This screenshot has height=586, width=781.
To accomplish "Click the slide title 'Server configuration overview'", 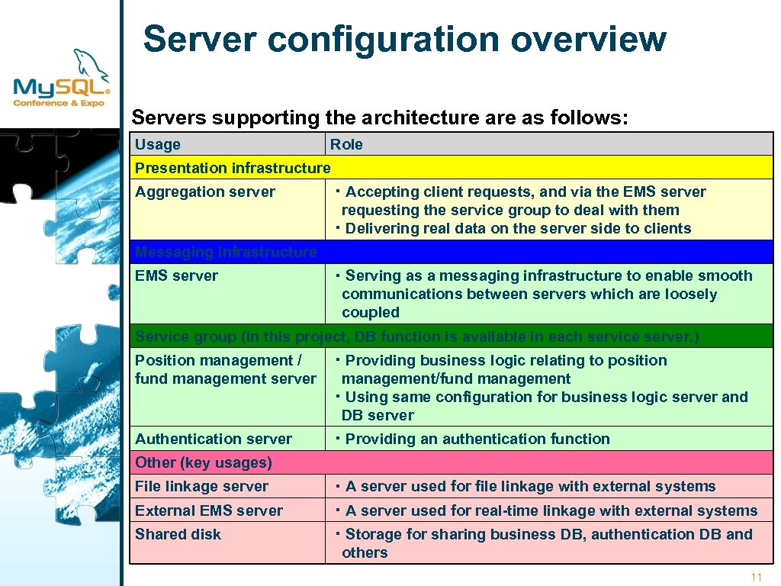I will point(404,39).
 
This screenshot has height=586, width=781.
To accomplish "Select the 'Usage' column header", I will point(158,144).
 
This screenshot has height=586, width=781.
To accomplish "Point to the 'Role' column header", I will point(346,144).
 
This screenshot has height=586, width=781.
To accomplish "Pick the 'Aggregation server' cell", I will point(205,192).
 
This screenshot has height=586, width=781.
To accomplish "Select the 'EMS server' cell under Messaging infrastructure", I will point(176,276).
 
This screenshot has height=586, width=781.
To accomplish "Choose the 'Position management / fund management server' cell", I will point(225,369).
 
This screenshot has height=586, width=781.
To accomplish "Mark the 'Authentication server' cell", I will point(214,439).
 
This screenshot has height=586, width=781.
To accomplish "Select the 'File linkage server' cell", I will point(201,486).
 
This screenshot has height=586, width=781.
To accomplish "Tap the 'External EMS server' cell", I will point(209,510).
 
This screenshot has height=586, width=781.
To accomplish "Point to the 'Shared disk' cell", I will point(178,534).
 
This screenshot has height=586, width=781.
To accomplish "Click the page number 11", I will point(756,577).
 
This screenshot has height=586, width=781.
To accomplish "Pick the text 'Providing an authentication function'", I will point(477,439).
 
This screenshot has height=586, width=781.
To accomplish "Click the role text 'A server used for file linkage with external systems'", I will point(529,486).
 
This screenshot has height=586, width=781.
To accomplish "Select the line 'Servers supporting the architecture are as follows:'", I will point(380,118).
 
